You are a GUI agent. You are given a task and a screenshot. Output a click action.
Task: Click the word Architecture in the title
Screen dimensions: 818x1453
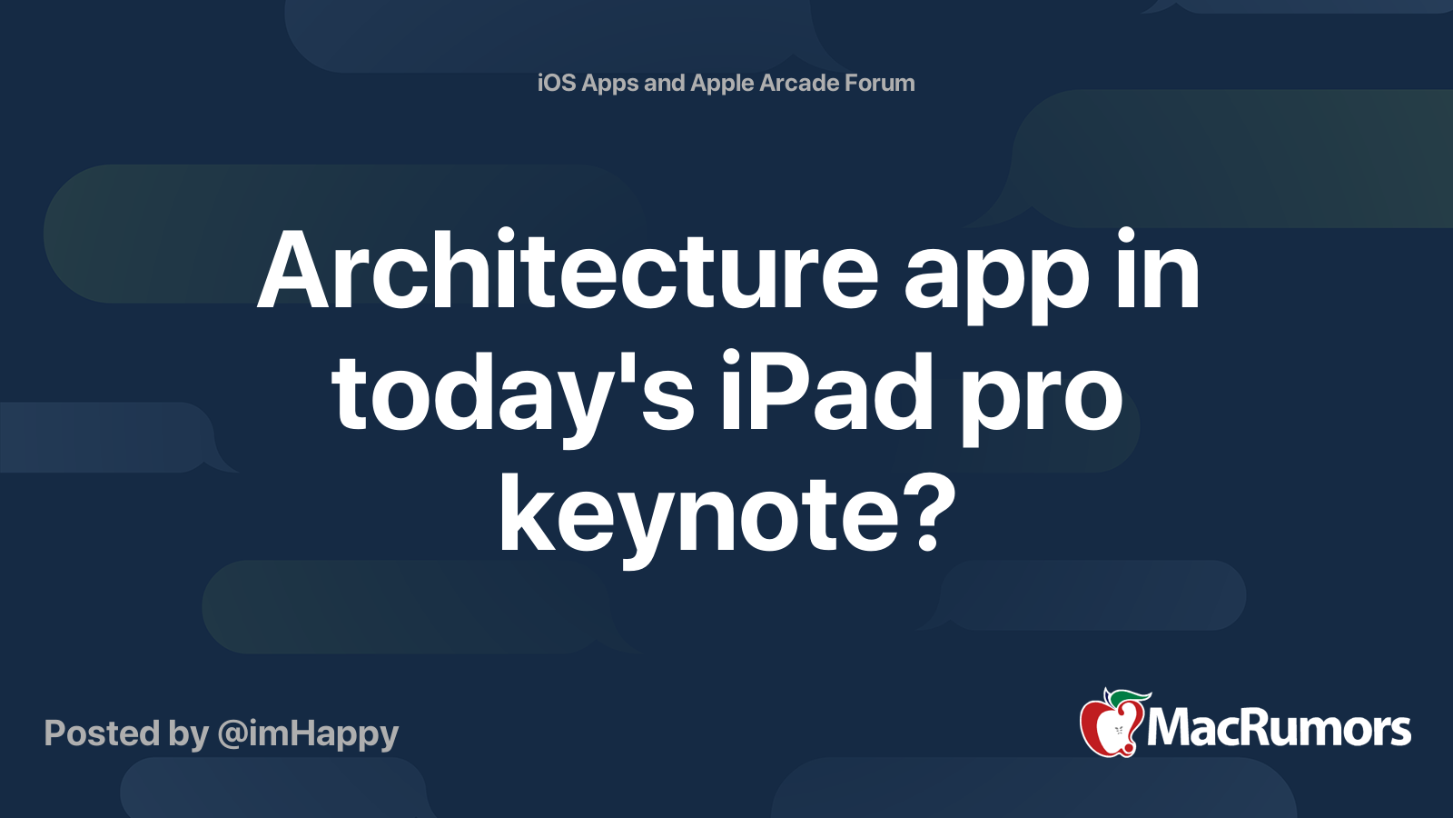coord(568,271)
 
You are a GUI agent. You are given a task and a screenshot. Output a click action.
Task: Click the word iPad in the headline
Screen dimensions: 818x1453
coord(826,393)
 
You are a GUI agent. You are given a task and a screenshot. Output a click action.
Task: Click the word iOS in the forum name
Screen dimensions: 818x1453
coord(557,83)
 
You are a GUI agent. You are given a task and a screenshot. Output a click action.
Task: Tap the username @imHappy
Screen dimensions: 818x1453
coord(308,733)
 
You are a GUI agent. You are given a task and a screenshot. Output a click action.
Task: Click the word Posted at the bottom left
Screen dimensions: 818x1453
coord(102,733)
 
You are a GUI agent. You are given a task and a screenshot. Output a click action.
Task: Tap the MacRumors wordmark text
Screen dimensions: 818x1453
coord(1279,728)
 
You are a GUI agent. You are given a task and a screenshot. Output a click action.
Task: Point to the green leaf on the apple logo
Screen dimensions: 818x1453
coord(1126,698)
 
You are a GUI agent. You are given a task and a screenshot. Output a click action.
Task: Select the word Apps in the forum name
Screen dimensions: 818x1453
coord(609,83)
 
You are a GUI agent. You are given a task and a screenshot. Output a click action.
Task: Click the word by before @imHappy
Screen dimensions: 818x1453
coord(189,733)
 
